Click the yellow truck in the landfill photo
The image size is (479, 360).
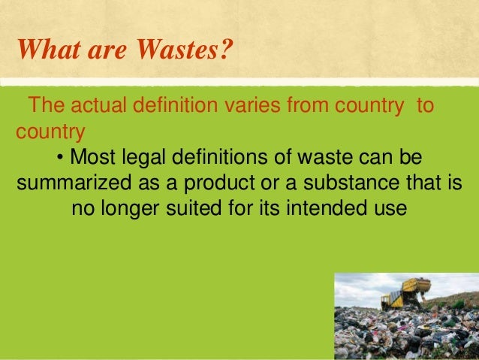click(405, 293)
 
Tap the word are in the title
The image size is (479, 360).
click(104, 51)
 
